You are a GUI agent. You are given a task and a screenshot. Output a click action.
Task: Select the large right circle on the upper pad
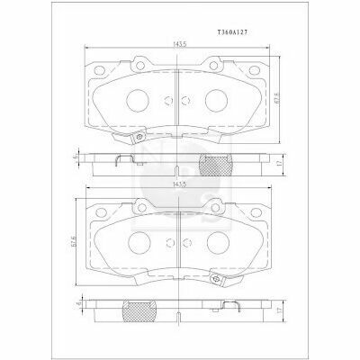point(218,101)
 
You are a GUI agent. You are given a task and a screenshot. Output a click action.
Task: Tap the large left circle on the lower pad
point(139,241)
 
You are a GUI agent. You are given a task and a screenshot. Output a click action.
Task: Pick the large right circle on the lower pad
point(218,241)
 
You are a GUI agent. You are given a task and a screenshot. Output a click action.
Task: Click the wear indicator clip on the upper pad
point(140,137)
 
